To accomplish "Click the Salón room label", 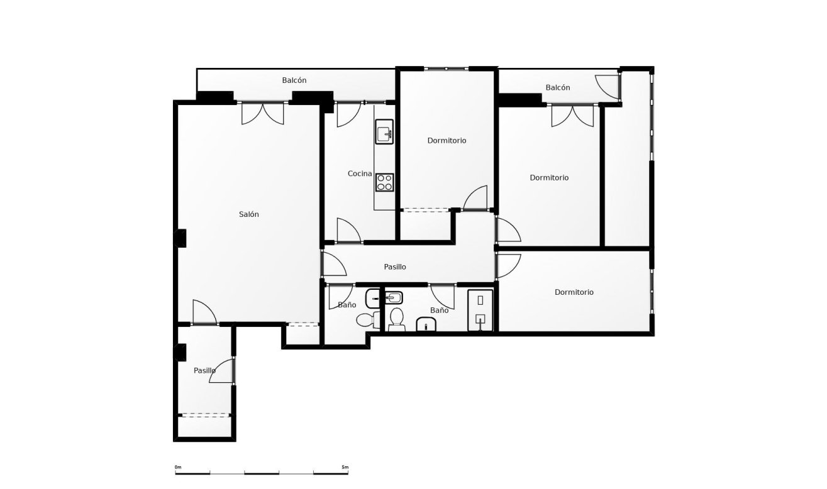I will pyautogui.click(x=248, y=214).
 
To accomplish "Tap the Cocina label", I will pyautogui.click(x=360, y=173).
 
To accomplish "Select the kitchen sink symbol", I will pyautogui.click(x=384, y=133).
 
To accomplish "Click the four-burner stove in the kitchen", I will pyautogui.click(x=384, y=182).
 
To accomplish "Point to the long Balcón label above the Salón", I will pyautogui.click(x=294, y=80).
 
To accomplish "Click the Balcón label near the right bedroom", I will pyautogui.click(x=558, y=87).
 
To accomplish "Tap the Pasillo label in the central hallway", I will pyautogui.click(x=395, y=266).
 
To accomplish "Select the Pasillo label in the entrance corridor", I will pyautogui.click(x=205, y=371).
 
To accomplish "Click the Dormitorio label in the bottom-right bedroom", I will pyautogui.click(x=574, y=292).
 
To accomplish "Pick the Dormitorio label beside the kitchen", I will pyautogui.click(x=447, y=141).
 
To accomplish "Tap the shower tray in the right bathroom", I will pyautogui.click(x=480, y=310).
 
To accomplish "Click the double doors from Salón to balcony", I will pyautogui.click(x=263, y=113).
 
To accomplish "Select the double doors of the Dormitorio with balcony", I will pyautogui.click(x=572, y=116).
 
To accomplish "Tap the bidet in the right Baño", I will pyautogui.click(x=426, y=324).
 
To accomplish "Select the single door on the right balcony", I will pyautogui.click(x=608, y=87).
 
